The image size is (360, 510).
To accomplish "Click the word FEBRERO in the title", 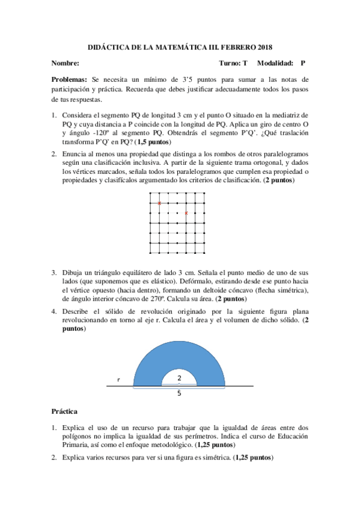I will click(x=228, y=47).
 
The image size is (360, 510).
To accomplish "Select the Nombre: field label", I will click(x=66, y=63).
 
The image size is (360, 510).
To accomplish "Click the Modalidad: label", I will click(x=275, y=63).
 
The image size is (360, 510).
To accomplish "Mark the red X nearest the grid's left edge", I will click(x=159, y=204).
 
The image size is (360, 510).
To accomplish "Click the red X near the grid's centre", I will click(x=186, y=213).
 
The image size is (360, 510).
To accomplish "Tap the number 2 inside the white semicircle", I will click(x=179, y=377).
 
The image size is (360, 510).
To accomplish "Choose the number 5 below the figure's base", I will click(x=179, y=393).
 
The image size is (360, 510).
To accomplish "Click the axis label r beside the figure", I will click(x=118, y=380).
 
